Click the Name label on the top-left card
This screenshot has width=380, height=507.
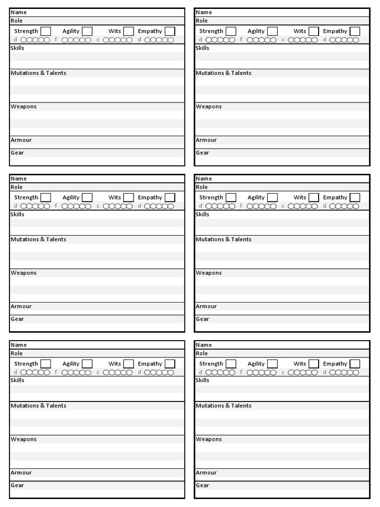[18, 12]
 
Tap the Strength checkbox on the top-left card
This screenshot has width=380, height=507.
[46, 31]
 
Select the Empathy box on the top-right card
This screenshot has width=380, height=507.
[355, 31]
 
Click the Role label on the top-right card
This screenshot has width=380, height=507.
[202, 21]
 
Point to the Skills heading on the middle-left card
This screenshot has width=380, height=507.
[17, 214]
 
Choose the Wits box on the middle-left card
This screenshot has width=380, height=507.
[128, 198]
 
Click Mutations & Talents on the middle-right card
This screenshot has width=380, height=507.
[224, 239]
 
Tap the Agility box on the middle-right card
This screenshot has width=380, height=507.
[272, 198]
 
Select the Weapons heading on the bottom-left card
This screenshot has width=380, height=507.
[24, 439]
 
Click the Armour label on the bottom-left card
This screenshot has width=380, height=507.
[21, 473]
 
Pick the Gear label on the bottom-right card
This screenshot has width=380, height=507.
[203, 485]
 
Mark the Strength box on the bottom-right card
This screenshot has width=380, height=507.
[231, 364]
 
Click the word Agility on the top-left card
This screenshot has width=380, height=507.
[71, 31]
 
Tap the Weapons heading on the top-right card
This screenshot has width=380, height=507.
[209, 106]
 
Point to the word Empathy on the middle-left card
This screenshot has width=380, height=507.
[150, 198]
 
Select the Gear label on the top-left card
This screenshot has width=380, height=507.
[18, 152]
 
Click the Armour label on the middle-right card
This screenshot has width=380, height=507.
[206, 306]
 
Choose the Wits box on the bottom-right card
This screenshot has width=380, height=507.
[313, 364]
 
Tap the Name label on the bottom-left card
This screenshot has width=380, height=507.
[18, 345]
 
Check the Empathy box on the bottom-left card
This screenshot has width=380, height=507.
[170, 364]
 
